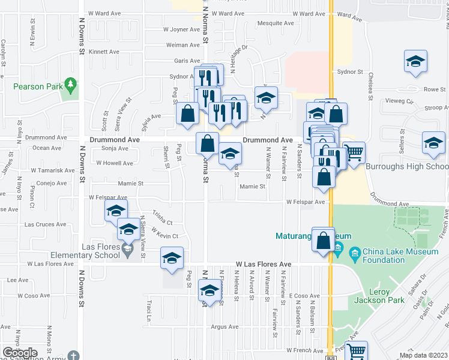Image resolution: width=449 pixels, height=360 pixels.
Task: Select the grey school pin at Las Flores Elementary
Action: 127,249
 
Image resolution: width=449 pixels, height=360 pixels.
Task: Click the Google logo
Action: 20,353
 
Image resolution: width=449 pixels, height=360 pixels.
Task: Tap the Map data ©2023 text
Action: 424,355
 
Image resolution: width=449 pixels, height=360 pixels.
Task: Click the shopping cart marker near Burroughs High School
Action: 354,152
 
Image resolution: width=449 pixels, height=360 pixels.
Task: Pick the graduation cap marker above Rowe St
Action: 415,62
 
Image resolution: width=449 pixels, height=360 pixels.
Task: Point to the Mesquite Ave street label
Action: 275,23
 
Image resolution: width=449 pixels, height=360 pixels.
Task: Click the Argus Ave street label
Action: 225,327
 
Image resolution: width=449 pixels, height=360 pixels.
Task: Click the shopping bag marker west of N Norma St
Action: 188,113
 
